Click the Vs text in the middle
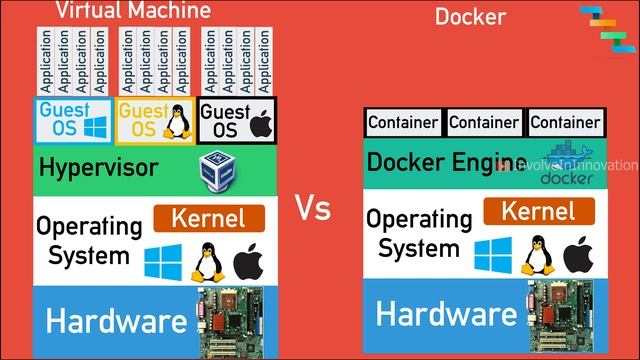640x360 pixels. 312,209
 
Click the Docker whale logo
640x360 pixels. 566,166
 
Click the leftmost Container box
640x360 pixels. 403,123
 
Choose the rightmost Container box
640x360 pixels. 565,123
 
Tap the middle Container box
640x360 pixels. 484,123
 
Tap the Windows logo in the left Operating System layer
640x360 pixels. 163,263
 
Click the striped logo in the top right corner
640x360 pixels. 605,24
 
